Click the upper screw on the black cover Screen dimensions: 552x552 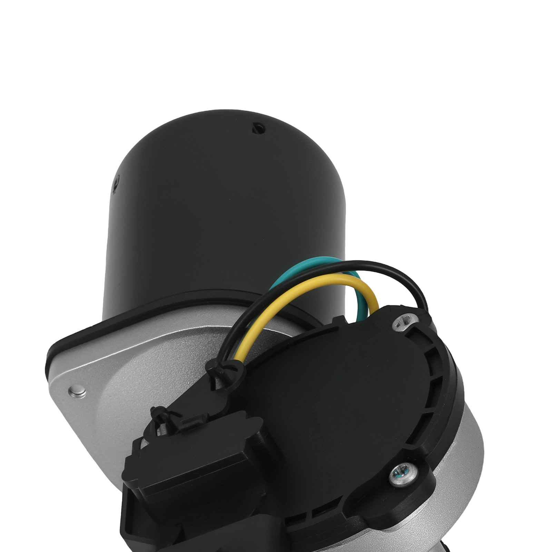pyautogui.click(x=402, y=322)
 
